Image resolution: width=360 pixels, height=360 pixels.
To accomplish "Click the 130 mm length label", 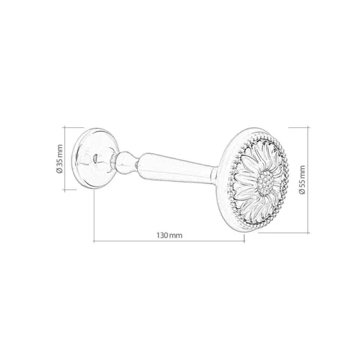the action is click(170, 236).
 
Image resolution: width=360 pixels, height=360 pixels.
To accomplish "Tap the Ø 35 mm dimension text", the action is click(59, 158).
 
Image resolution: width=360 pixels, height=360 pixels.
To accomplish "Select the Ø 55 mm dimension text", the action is click(302, 180).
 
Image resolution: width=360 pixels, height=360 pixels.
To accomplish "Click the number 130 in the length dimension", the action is click(163, 236).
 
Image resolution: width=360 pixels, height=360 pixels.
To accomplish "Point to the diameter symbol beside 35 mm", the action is click(59, 170).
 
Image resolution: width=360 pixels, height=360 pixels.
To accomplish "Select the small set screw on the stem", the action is click(137, 164).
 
